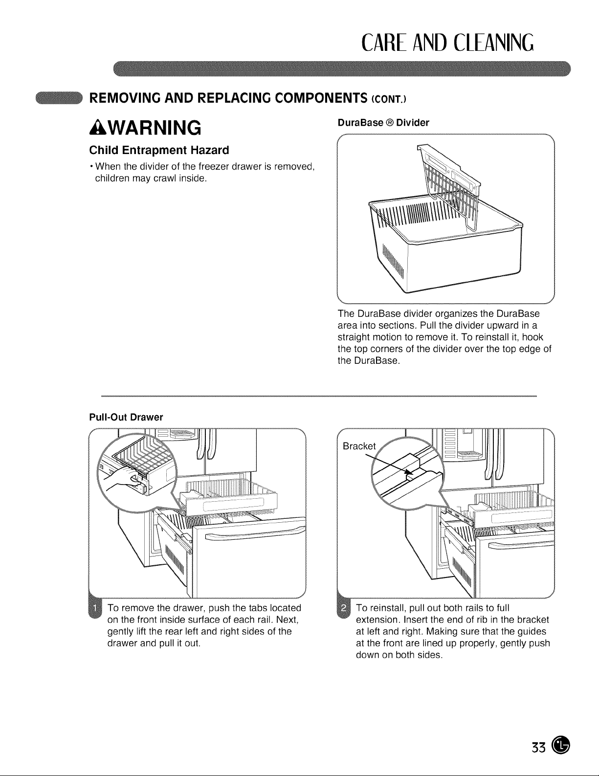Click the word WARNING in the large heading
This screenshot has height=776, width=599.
coord(154,128)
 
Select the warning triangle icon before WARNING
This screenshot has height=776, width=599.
coord(98,128)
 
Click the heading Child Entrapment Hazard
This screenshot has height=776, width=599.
coord(159,150)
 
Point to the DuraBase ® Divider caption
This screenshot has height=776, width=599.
coord(383,123)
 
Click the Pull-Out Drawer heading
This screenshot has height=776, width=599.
coord(126,417)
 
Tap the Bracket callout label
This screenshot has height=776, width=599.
coord(359,446)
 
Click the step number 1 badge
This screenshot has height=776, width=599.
coord(95,608)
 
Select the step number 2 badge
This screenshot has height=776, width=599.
coord(343,608)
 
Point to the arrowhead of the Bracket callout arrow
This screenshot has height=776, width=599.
coord(410,472)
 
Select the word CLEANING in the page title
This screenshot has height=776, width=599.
coord(493,43)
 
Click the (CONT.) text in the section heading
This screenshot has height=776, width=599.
coord(389,99)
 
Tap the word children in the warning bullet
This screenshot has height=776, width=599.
coord(112,178)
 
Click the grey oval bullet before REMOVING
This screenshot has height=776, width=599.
coord(59,98)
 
